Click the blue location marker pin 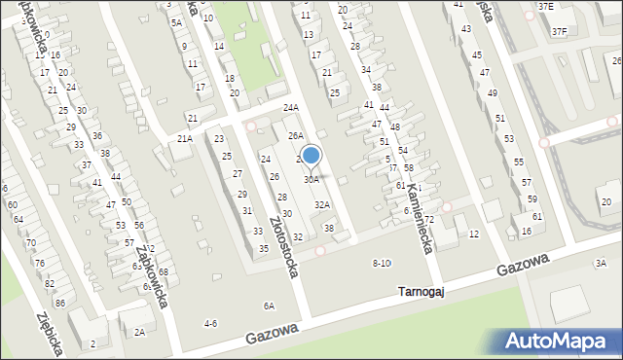[311, 155]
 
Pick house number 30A [311, 180]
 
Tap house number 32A [321, 204]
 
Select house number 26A [295, 136]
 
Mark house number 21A [184, 139]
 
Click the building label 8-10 [382, 264]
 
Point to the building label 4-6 [209, 323]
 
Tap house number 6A [269, 306]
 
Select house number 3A [601, 263]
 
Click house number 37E [545, 7]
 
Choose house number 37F [559, 32]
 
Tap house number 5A [176, 22]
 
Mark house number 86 [60, 305]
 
